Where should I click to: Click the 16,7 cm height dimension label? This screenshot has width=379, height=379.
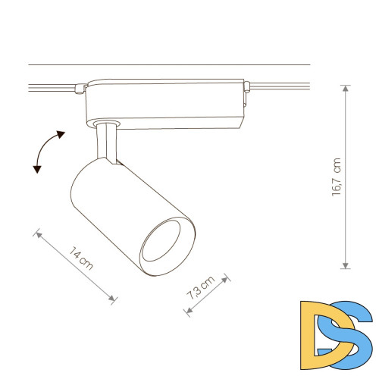point(337,177)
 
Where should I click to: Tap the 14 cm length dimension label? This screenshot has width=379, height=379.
point(81,258)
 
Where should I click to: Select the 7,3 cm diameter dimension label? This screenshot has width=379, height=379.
point(201,287)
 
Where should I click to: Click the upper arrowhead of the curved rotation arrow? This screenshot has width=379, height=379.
point(61,134)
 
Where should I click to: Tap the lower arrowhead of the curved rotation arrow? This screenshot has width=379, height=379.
point(37,169)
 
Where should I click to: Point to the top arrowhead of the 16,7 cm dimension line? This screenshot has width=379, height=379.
point(346,89)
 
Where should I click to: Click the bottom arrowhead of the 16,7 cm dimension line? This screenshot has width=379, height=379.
point(346,265)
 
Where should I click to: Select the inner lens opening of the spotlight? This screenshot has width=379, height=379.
point(161,241)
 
